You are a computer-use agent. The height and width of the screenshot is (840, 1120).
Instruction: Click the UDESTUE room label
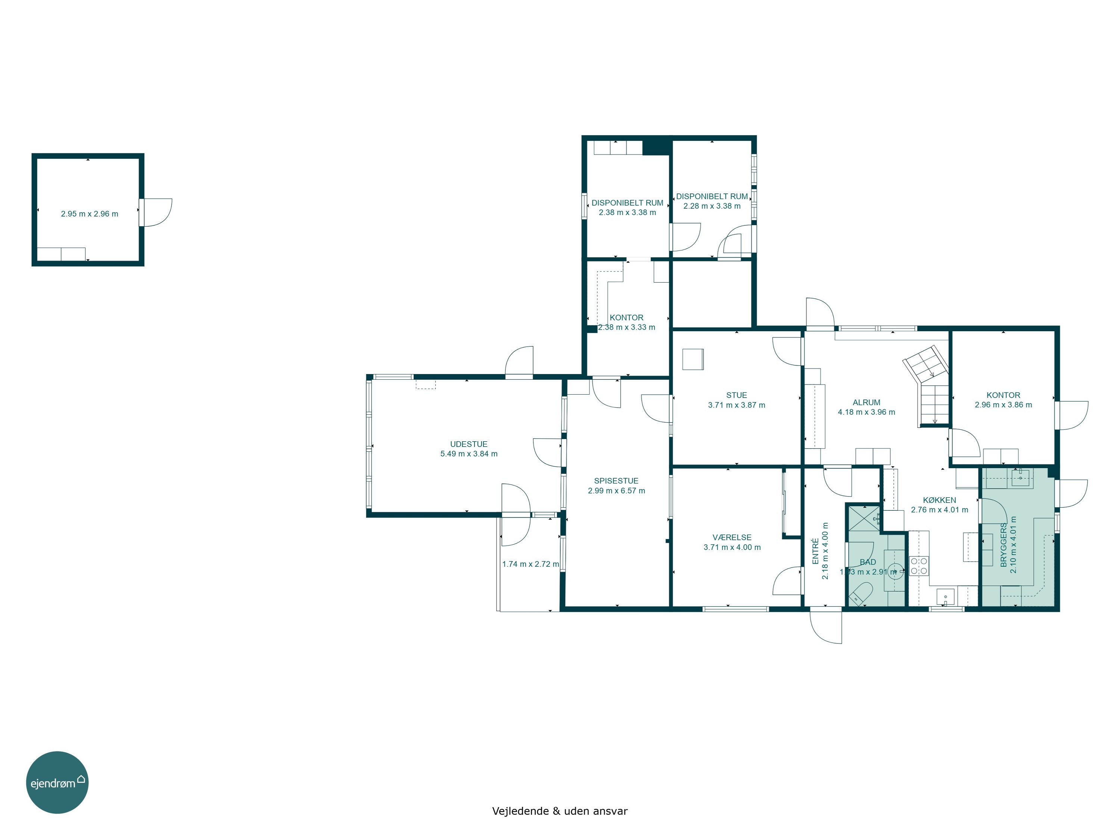pyautogui.click(x=469, y=444)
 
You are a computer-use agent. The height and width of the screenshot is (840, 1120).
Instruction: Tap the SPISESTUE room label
pyautogui.click(x=616, y=481)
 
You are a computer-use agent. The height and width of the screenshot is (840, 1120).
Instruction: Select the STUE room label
pyautogui.click(x=737, y=395)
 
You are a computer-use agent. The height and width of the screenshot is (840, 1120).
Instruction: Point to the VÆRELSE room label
pyautogui.click(x=732, y=538)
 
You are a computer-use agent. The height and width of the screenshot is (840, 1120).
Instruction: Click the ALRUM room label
pyautogui.click(x=867, y=402)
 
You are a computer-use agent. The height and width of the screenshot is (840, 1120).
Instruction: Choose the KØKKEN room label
pyautogui.click(x=940, y=500)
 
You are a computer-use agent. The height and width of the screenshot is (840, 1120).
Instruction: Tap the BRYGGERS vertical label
pyautogui.click(x=1004, y=545)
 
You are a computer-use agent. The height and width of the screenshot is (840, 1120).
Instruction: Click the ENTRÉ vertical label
pyautogui.click(x=816, y=551)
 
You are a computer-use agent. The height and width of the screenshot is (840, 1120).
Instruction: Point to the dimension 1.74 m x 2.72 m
pyautogui.click(x=531, y=564)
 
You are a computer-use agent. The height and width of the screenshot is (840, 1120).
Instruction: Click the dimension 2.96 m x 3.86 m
pyautogui.click(x=1004, y=405)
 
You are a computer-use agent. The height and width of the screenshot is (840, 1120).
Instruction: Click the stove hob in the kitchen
pyautogui.click(x=919, y=566)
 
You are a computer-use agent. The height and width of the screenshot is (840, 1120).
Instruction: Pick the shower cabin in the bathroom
pyautogui.click(x=864, y=518)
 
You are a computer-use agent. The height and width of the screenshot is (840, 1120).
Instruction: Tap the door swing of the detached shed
pyautogui.click(x=158, y=213)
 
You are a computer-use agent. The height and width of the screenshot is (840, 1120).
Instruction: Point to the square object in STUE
pyautogui.click(x=693, y=360)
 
